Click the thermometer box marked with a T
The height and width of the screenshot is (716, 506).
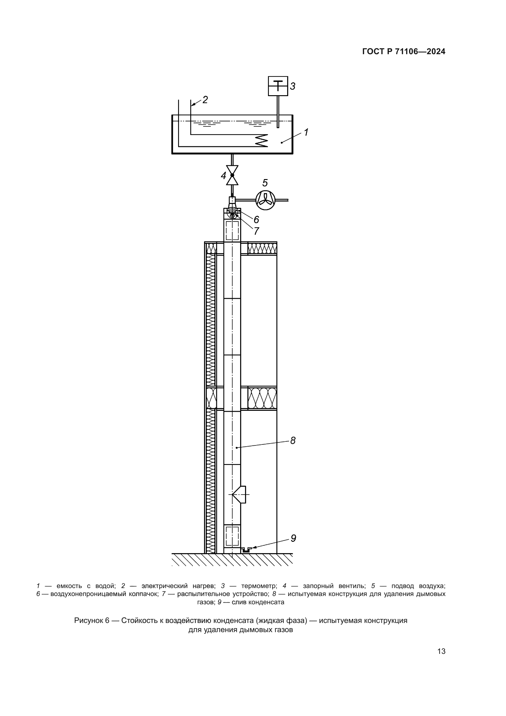coord(278,86)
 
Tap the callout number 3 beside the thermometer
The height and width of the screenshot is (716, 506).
coord(292,86)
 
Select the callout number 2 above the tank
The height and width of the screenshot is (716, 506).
coord(205,99)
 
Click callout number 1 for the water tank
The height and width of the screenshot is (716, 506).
coord(306,132)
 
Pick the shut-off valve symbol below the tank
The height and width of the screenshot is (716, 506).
coord(232,175)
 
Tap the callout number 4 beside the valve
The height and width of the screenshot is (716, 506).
coord(223,176)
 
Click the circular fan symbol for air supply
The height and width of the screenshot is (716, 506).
coord(266,200)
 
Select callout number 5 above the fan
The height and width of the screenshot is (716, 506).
coord(265,183)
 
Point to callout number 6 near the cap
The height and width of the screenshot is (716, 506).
coord(256,219)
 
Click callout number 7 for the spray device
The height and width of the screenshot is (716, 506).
coord(256,231)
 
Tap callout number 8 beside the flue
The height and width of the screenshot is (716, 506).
coord(293,440)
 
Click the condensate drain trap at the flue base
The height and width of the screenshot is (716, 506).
coord(247,550)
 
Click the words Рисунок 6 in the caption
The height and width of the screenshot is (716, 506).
coord(92,620)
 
